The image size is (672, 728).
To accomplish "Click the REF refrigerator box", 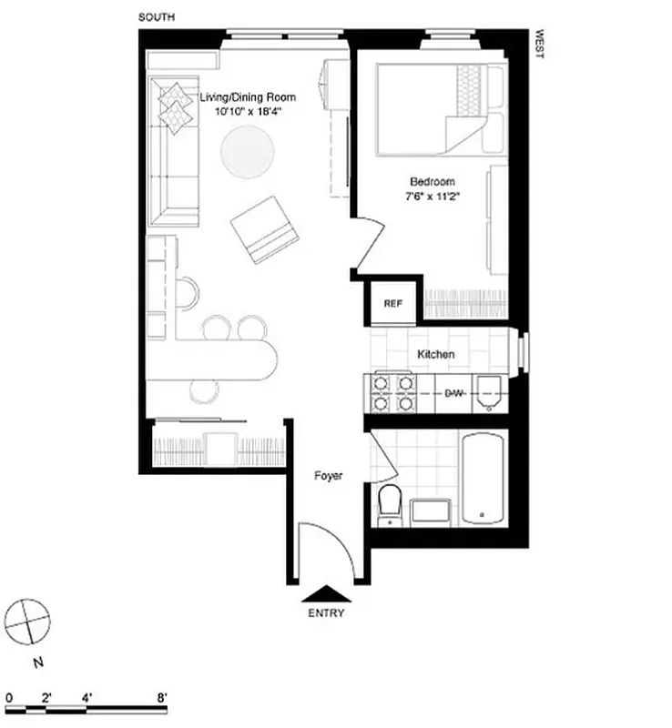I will (x=392, y=304).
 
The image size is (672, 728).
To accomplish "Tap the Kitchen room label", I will (x=435, y=354).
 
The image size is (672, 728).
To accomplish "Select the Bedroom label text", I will (x=433, y=182).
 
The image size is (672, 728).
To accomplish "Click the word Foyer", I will (x=328, y=475).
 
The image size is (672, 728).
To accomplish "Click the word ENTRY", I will (x=326, y=613).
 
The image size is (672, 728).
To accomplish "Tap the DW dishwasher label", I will (x=454, y=393).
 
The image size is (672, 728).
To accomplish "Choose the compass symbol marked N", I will (x=26, y=624).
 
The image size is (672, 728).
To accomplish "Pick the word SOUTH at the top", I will (x=157, y=17).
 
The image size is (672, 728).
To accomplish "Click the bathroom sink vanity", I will (x=432, y=512).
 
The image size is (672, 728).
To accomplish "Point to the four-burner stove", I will (x=392, y=393).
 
